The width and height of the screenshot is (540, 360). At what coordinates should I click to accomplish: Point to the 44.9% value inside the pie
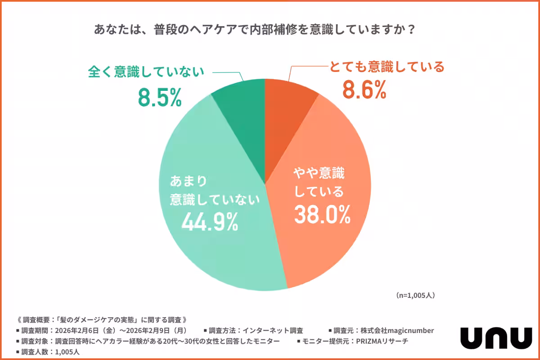tap(210, 221)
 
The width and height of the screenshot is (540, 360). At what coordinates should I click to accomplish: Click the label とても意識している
tap(387, 67)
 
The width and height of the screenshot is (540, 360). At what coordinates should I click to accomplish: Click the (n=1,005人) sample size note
tap(415, 296)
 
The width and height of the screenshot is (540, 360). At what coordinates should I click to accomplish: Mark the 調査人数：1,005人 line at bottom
tap(45, 351)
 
